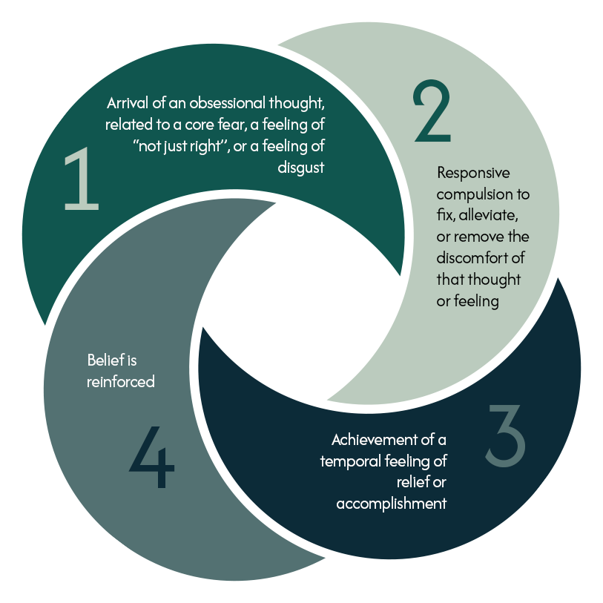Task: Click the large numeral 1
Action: (x=81, y=179)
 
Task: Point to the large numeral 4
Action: (x=153, y=457)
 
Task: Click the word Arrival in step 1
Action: (x=129, y=102)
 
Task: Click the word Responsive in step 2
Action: (x=473, y=174)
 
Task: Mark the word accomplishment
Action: (x=392, y=504)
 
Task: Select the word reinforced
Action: (x=121, y=383)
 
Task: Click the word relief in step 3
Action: (x=415, y=483)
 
